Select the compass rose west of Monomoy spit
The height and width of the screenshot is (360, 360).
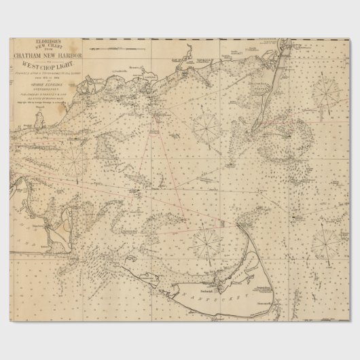pyautogui.click(x=206, y=125)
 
